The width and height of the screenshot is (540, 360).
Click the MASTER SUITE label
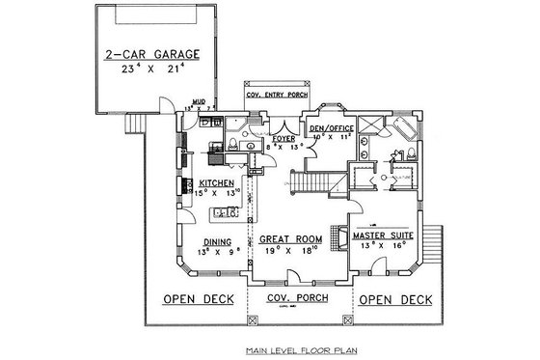pyautogui.click(x=383, y=235)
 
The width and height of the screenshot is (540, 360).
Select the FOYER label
pyautogui.click(x=283, y=138)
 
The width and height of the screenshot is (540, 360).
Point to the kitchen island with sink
pyautogui.click(x=226, y=212)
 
